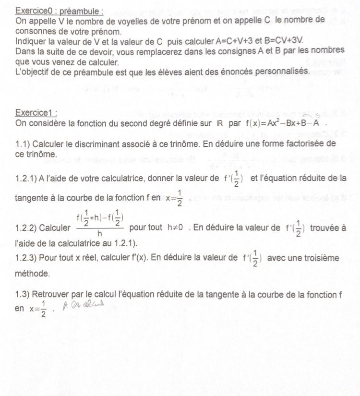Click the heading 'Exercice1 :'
click(36, 113)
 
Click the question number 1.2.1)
click(28, 179)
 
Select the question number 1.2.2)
click(28, 227)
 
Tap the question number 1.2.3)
click(28, 258)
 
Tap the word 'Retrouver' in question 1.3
click(52, 293)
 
